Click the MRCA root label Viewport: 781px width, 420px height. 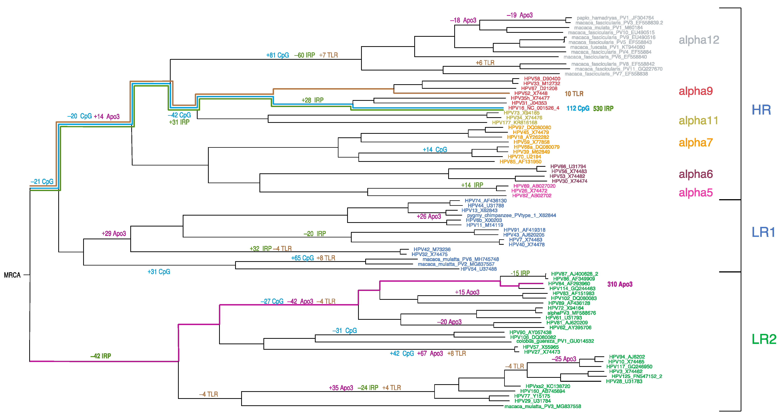point(12,275)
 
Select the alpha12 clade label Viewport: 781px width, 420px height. point(699,40)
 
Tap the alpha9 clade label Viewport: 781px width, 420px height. point(696,91)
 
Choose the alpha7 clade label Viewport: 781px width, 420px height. point(696,142)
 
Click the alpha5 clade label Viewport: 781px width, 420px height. point(696,192)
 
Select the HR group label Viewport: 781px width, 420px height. point(761,110)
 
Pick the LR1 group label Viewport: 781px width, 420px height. point(763,233)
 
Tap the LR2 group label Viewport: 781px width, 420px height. point(764,339)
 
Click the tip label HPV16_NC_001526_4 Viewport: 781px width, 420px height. point(534,108)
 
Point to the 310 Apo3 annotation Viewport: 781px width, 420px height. point(620,284)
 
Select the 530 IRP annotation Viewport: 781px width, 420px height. point(603,109)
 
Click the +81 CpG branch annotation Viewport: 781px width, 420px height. point(277,55)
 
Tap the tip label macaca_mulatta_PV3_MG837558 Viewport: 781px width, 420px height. point(542,406)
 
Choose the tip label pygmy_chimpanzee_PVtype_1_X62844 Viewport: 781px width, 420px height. point(511,215)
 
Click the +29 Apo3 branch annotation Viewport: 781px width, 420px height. point(114,234)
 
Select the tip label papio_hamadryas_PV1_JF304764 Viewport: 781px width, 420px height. point(615,18)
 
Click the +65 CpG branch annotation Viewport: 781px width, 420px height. point(302,258)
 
